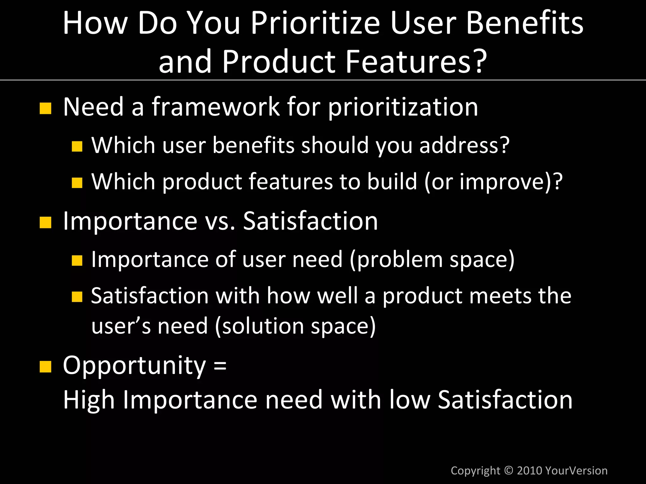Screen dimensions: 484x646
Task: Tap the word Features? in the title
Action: point(416,61)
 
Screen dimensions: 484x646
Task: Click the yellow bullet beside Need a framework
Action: point(45,108)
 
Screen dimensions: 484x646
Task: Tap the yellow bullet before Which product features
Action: point(77,183)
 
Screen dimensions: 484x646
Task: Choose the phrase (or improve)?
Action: point(493,182)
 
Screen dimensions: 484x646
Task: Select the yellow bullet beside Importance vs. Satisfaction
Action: point(45,222)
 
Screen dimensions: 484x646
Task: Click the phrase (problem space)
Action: point(432,260)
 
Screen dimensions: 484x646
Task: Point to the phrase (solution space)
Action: point(295,326)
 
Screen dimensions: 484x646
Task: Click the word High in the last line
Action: point(89,400)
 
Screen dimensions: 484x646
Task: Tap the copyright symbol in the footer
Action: point(508,470)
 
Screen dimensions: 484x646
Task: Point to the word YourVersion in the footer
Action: point(576,470)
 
